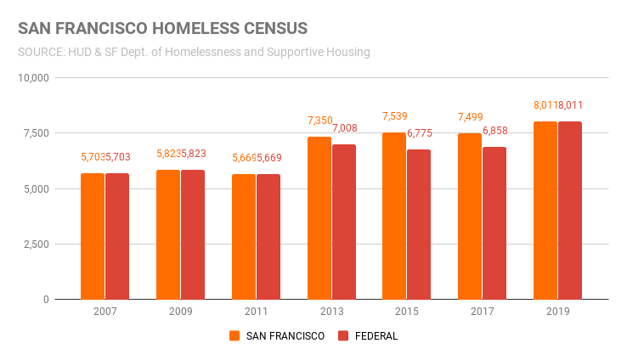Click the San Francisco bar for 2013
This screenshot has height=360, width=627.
(x=319, y=218)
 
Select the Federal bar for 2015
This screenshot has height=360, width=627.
(x=419, y=224)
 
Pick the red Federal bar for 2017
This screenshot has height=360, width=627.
(x=494, y=223)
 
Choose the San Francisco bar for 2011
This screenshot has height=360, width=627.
(x=244, y=237)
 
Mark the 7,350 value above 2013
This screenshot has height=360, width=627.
(x=319, y=121)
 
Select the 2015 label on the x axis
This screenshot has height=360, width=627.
(x=407, y=312)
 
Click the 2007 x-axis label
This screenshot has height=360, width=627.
(x=105, y=312)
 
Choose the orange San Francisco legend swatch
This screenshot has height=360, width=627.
(x=234, y=336)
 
